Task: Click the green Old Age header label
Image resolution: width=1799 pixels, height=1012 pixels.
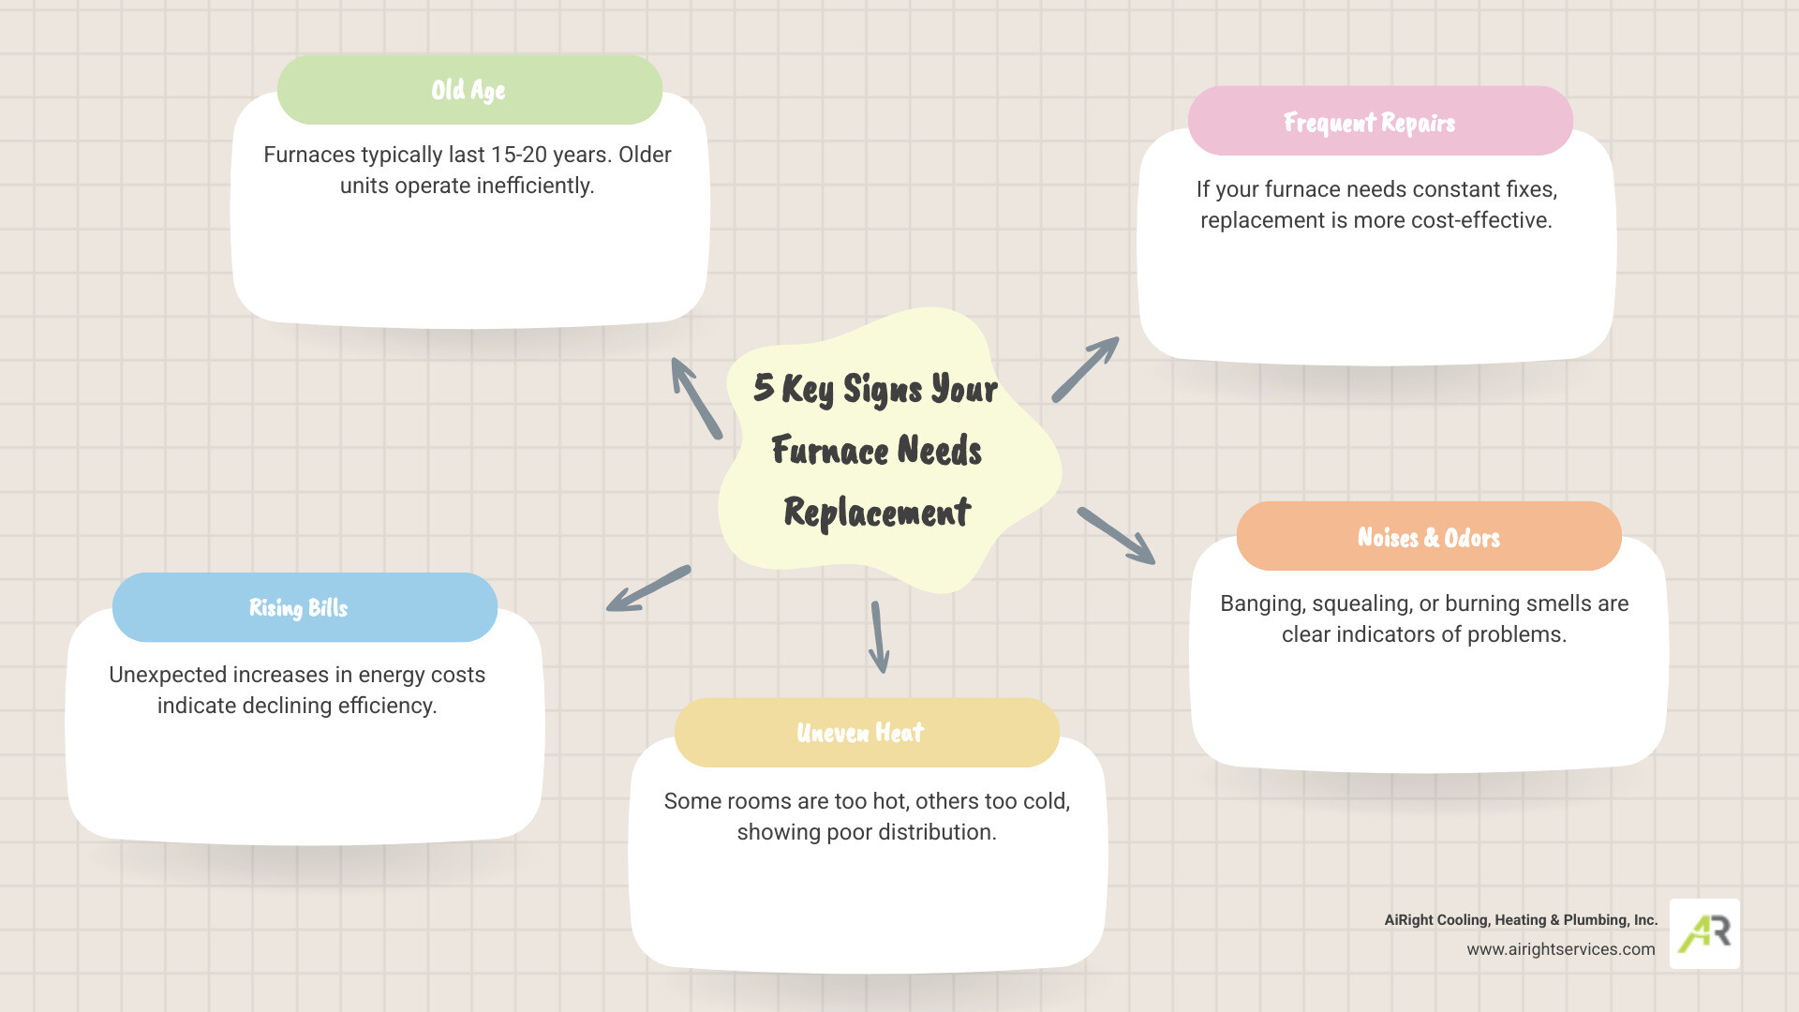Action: (x=468, y=90)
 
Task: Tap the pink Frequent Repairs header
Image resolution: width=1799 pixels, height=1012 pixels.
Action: (x=1369, y=122)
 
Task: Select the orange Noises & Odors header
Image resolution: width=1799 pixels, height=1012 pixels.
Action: (x=1428, y=537)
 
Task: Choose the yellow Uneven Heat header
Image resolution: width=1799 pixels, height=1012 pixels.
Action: (x=860, y=732)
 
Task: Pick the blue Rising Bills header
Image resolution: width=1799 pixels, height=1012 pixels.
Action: (x=299, y=607)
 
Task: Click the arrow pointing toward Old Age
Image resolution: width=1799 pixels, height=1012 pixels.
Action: (x=695, y=397)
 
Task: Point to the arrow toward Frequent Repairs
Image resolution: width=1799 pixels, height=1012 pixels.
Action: (x=1085, y=369)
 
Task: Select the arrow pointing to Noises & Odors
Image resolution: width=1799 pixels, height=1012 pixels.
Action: (x=1116, y=535)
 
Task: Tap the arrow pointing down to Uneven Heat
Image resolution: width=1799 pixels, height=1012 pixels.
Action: (x=879, y=637)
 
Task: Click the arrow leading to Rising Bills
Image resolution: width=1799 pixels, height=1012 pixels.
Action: (x=647, y=588)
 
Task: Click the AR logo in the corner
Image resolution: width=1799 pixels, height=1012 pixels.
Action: (x=1704, y=933)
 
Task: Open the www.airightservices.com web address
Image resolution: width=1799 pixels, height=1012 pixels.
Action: (x=1560, y=949)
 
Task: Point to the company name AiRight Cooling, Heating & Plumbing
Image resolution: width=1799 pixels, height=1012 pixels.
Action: (x=1520, y=920)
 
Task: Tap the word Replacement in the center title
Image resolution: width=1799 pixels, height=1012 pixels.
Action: (x=877, y=513)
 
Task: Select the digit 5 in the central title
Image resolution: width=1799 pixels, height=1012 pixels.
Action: (x=764, y=387)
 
